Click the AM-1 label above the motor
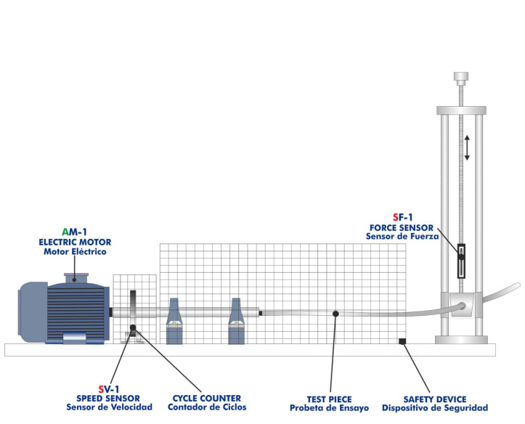76,231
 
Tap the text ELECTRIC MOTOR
76,242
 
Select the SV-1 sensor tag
108,388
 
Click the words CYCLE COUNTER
207,398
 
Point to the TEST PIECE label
330,399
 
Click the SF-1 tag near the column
402,217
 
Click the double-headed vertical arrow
468,147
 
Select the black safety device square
402,341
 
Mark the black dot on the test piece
335,314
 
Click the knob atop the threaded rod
460,76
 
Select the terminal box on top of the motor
76,277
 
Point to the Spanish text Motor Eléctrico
76,252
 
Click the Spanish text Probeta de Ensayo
330,408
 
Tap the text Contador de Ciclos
207,408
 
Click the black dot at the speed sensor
133,328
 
